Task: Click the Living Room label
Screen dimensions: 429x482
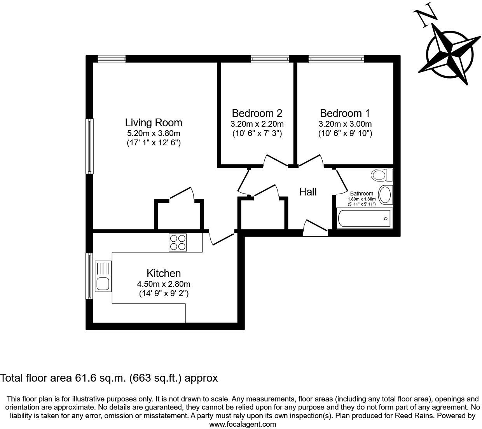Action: tap(154, 123)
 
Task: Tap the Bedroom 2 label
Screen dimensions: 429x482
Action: tap(257, 113)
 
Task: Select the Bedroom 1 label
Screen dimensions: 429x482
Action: tap(345, 113)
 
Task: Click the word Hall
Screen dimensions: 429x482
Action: tap(308, 192)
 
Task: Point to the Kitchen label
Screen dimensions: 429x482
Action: tap(164, 273)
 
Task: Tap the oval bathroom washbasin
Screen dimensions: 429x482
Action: tap(385, 195)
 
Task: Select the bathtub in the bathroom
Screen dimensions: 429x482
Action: tap(364, 218)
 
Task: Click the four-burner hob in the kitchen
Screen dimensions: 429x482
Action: tap(178, 242)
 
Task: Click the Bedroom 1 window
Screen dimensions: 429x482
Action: tap(336, 59)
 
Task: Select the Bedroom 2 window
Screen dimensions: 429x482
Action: tap(270, 59)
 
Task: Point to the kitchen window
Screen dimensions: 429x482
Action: tap(89, 276)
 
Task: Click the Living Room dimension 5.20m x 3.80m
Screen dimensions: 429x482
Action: tap(154, 133)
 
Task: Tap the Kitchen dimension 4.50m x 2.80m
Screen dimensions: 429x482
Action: tap(164, 284)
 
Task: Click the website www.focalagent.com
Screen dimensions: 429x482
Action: tap(243, 424)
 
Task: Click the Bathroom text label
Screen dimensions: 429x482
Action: tap(361, 194)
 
